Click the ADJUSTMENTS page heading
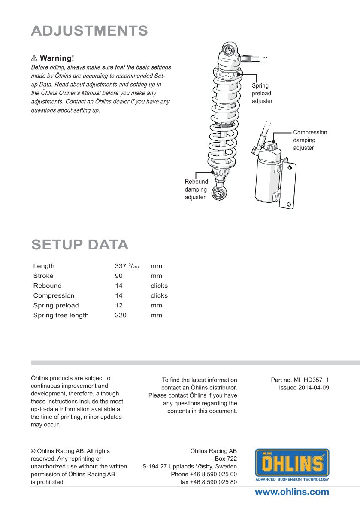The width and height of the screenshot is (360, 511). pyautogui.click(x=90, y=31)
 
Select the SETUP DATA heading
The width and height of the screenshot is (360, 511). pyautogui.click(x=80, y=244)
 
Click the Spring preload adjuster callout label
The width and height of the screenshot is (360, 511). pyautogui.click(x=262, y=94)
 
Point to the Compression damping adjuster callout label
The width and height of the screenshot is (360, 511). pyautogui.click(x=310, y=140)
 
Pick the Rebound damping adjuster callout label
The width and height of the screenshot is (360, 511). pyautogui.click(x=196, y=189)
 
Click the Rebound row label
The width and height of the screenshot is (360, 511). pyautogui.click(x=47, y=286)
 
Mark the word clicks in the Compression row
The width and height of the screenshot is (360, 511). pyautogui.click(x=159, y=296)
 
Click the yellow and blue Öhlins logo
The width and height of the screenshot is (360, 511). pyautogui.click(x=292, y=465)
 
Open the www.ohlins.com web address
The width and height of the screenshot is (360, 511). pyautogui.click(x=292, y=492)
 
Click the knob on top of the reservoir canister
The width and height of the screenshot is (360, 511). pyautogui.click(x=270, y=146)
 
